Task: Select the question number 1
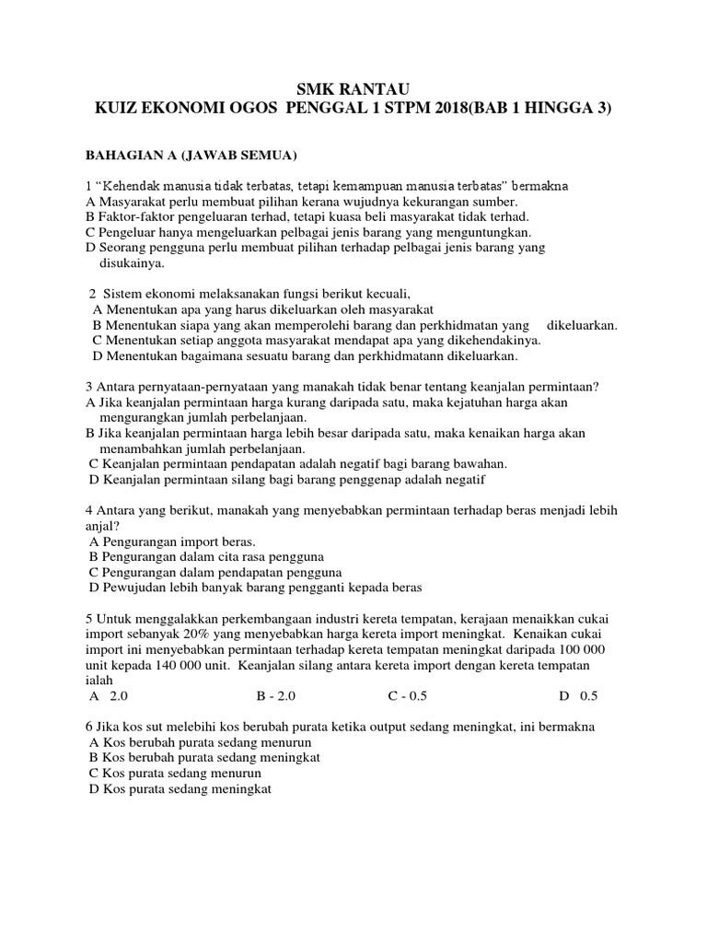tap(88, 186)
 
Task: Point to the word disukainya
tap(131, 263)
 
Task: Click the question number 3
tap(88, 386)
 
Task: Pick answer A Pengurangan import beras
tap(172, 541)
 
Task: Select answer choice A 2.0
tap(107, 696)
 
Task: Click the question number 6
tap(88, 727)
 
